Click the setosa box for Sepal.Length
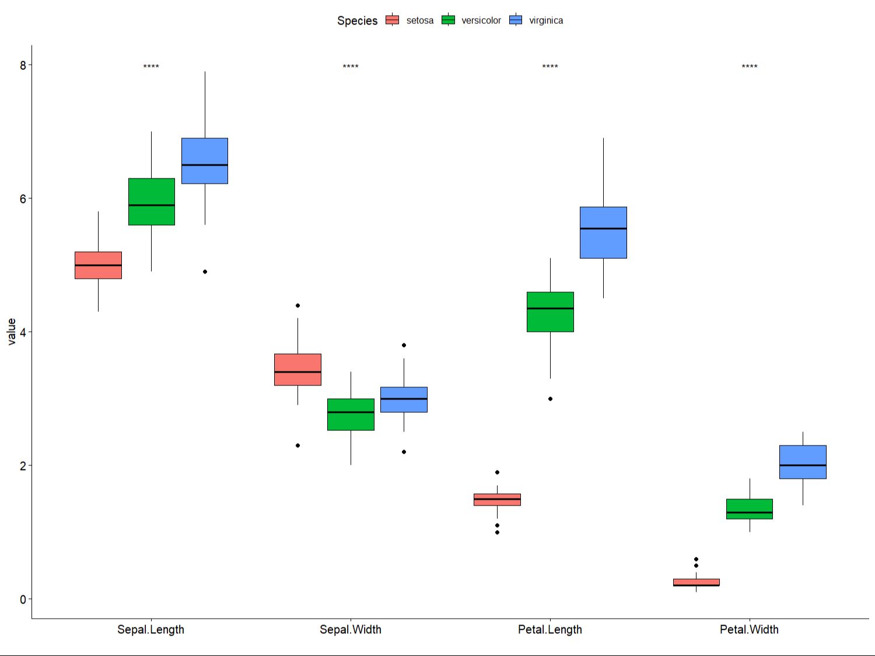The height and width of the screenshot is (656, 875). (98, 265)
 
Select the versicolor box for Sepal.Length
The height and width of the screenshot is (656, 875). (152, 201)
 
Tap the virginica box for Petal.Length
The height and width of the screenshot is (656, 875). (603, 232)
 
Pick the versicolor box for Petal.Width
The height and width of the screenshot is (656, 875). (750, 508)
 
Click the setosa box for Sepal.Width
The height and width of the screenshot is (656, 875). (297, 369)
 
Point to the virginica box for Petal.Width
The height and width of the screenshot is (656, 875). (803, 462)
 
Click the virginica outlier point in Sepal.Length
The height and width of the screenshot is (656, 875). (205, 272)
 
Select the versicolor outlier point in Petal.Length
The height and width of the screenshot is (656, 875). (550, 399)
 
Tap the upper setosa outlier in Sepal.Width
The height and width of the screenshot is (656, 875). (297, 306)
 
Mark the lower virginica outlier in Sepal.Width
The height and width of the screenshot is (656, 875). (404, 452)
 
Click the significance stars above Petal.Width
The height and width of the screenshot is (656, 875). (750, 67)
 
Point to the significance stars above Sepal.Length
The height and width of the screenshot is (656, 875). (151, 67)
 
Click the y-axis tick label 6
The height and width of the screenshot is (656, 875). (23, 199)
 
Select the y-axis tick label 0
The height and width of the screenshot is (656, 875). (23, 599)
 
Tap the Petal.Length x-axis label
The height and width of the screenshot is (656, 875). (550, 630)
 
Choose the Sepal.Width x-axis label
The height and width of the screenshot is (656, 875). (351, 630)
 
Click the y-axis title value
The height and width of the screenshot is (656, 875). (12, 332)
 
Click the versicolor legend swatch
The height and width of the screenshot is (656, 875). (448, 20)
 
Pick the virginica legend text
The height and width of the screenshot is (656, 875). (546, 20)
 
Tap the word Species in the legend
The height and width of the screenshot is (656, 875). (358, 21)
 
